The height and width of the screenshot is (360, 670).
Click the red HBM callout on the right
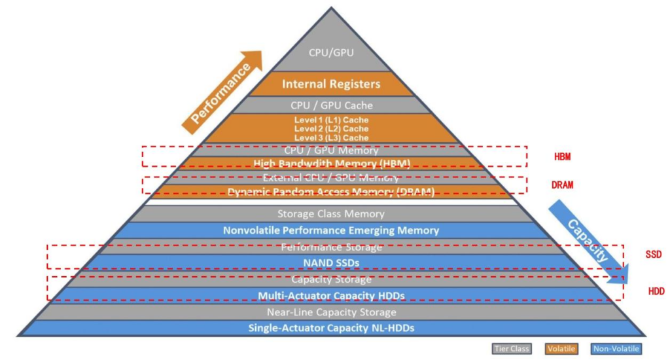tap(563, 157)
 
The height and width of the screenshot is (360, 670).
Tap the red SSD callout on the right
tap(655, 254)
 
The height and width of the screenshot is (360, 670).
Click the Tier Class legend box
tap(510, 349)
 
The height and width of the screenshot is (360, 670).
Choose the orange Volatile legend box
tap(561, 349)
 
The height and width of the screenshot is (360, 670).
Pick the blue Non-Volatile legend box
tap(615, 349)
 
